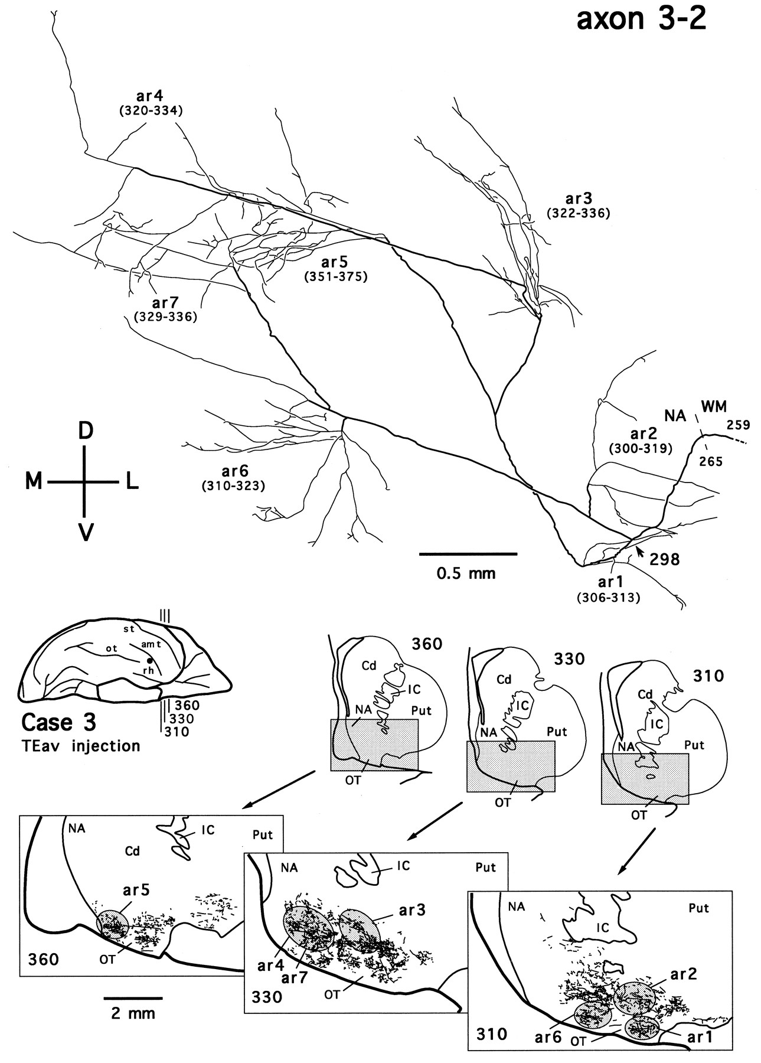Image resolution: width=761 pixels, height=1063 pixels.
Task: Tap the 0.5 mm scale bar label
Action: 466,573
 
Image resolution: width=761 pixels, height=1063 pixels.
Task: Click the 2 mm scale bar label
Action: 133,1013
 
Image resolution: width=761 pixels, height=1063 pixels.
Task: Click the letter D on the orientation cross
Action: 86,431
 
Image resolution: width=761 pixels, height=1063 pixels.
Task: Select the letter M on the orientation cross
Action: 34,482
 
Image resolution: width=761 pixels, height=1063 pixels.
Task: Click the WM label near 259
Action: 714,406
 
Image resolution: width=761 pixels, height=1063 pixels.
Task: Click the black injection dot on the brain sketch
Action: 150,660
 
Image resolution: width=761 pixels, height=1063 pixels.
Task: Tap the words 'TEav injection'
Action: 80,746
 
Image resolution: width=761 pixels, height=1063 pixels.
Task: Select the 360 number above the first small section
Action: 426,644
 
